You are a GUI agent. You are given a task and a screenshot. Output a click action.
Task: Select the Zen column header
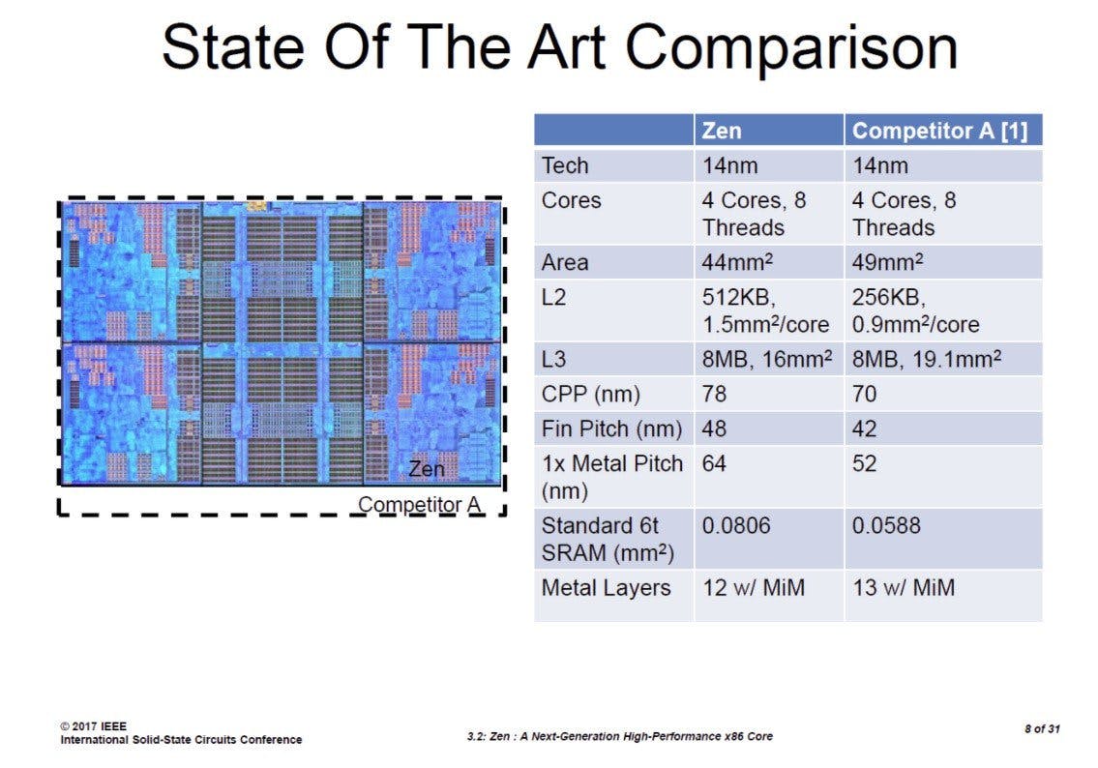pyautogui.click(x=722, y=131)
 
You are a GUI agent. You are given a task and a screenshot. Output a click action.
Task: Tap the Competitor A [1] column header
pyautogui.click(x=939, y=131)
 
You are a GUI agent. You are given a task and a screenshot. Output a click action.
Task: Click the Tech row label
pyautogui.click(x=564, y=166)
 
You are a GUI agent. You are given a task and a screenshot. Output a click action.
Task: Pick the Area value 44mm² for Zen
pyautogui.click(x=737, y=262)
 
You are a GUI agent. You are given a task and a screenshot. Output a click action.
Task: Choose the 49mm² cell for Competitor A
pyautogui.click(x=887, y=262)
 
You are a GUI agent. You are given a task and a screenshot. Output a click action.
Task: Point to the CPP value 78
pyautogui.click(x=714, y=394)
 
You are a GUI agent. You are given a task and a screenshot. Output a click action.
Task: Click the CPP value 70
pyautogui.click(x=864, y=394)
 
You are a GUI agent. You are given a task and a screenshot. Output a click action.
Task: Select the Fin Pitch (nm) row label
pyautogui.click(x=611, y=428)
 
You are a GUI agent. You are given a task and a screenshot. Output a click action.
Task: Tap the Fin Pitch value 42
pyautogui.click(x=864, y=428)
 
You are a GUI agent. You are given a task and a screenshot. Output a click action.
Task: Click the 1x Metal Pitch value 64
pyautogui.click(x=714, y=463)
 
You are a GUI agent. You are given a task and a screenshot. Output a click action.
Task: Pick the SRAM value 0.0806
pyautogui.click(x=736, y=525)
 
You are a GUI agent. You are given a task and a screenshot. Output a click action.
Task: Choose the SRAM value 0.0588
pyautogui.click(x=886, y=525)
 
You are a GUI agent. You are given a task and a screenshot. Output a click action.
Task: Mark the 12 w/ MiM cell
pyautogui.click(x=754, y=587)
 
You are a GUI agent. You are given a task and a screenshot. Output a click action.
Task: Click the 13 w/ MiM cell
pyautogui.click(x=904, y=587)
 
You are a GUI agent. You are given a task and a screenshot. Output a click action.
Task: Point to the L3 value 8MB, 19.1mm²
pyautogui.click(x=927, y=359)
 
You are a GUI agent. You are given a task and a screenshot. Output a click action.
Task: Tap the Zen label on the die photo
pyautogui.click(x=427, y=468)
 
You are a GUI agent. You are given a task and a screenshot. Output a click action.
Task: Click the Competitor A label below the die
pyautogui.click(x=420, y=504)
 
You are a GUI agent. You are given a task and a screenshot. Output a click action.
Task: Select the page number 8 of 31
pyautogui.click(x=1042, y=728)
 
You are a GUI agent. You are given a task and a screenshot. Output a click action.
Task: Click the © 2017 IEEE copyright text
pyautogui.click(x=93, y=726)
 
